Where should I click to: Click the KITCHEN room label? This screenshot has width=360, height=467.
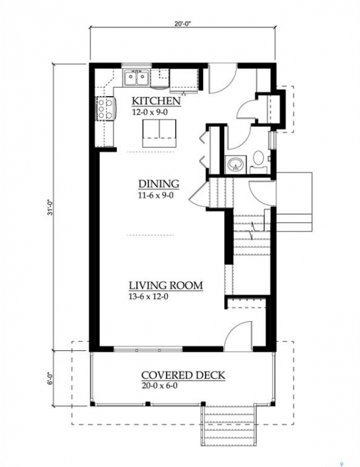156,101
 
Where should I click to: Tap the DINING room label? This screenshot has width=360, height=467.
159,184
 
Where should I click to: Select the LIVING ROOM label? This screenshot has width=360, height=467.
165,285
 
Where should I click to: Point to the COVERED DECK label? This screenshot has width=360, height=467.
183,375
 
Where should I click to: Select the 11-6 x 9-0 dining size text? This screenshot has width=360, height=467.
156,195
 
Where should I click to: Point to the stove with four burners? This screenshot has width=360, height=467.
105,109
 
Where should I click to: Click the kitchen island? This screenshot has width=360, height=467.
160,133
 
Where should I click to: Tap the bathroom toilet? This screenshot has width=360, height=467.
258,160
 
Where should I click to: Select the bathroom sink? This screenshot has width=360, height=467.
236,164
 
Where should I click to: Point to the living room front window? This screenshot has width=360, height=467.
148,349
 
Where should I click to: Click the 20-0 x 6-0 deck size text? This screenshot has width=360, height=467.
160,386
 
